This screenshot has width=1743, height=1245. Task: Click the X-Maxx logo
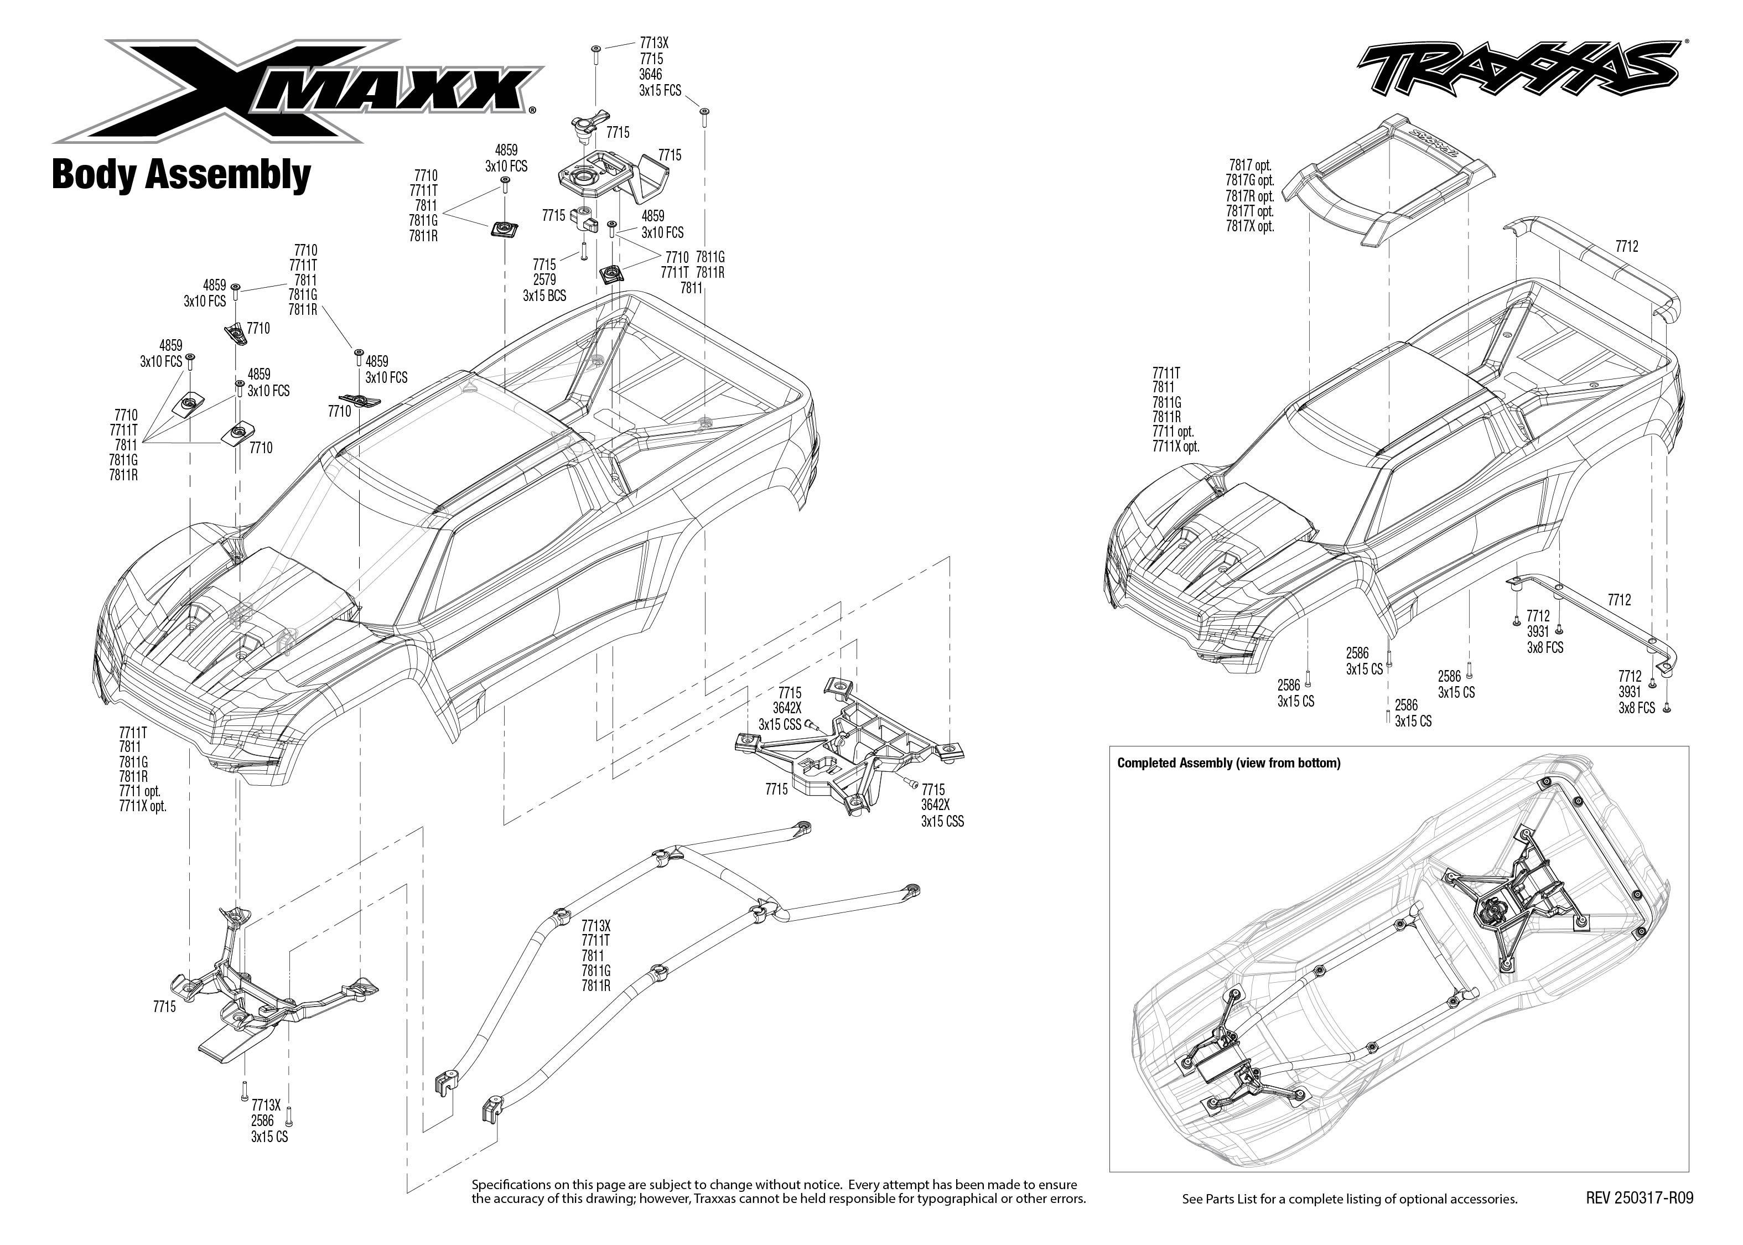[x=295, y=90]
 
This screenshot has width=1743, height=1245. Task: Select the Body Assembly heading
[x=181, y=175]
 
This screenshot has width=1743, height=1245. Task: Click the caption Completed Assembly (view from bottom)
[x=1228, y=763]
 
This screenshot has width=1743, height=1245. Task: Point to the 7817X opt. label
[x=1249, y=226]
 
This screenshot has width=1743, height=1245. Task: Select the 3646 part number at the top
[x=650, y=74]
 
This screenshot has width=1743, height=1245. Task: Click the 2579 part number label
[x=544, y=280]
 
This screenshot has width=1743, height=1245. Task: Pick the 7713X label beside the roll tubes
[x=595, y=925]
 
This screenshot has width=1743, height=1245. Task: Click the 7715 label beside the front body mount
[x=164, y=1007]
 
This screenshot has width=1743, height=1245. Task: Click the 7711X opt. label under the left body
[x=143, y=806]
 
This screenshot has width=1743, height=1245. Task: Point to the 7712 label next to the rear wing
[x=1626, y=246]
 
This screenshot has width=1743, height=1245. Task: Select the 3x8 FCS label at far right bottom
[x=1636, y=708]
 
